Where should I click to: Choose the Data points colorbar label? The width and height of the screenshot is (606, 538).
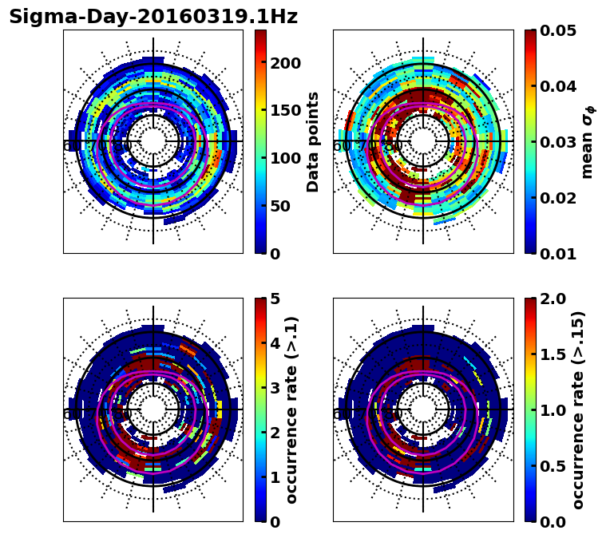pos(313,141)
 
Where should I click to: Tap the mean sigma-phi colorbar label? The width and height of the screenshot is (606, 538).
pos(588,141)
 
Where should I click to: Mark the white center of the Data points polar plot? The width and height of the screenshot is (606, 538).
pos(153,141)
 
